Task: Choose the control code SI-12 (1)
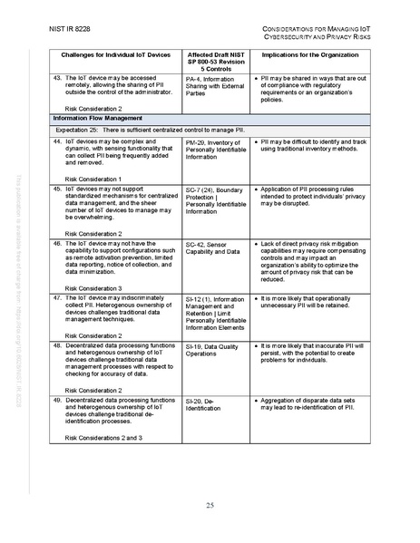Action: pos(200,298)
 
